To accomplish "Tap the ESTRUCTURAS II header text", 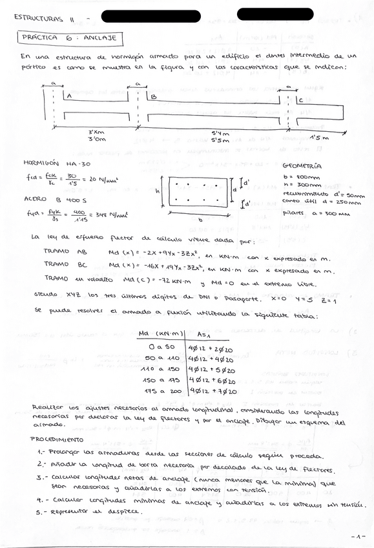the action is tap(45, 17).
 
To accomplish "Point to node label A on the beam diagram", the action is tap(68, 96).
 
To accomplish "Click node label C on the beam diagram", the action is tap(301, 100).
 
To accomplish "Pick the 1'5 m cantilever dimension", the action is tap(318, 138).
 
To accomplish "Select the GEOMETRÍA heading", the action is tap(302, 165).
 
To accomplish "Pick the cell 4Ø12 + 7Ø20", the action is tap(212, 391).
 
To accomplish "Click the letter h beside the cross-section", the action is tap(157, 190).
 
